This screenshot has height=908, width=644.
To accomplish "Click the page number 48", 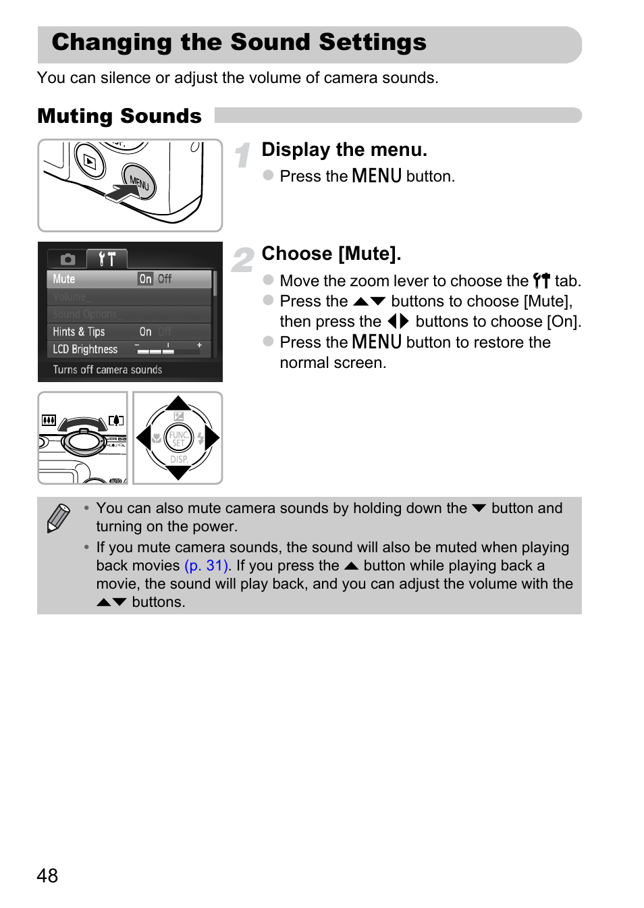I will click(x=47, y=876).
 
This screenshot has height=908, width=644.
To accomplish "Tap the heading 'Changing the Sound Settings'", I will click(x=239, y=43).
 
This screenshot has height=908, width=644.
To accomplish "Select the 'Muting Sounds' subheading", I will click(x=119, y=116).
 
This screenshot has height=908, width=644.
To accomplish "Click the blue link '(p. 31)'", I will click(x=207, y=566).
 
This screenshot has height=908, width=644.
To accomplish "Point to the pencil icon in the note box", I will click(x=59, y=518).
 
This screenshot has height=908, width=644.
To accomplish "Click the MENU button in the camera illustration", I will click(x=140, y=181).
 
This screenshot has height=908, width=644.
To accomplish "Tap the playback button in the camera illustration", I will click(x=90, y=161).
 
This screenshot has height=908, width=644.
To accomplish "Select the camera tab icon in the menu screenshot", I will click(x=68, y=259).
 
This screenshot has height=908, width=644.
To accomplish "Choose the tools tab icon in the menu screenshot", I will click(x=107, y=259).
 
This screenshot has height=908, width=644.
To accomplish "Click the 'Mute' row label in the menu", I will click(x=64, y=279).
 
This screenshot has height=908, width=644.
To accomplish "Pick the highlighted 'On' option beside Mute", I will click(x=145, y=279).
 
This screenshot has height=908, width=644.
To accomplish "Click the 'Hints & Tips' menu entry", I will click(x=79, y=331).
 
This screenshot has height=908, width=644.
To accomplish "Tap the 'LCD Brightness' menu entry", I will click(x=85, y=349).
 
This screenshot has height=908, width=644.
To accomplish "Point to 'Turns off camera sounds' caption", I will click(x=107, y=369).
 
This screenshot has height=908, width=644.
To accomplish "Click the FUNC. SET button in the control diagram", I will click(x=178, y=438).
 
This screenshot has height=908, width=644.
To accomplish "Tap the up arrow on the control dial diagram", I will click(x=178, y=404).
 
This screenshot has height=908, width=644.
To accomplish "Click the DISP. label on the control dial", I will click(x=179, y=459).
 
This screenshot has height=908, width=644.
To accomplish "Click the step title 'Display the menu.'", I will click(x=344, y=150).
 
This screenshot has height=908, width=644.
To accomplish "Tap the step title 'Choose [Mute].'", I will click(x=331, y=254).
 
